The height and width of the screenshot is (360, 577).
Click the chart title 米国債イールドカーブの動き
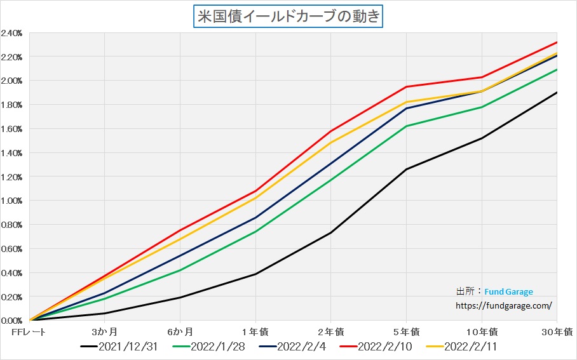[288, 16]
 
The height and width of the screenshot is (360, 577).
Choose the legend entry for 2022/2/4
[294, 347]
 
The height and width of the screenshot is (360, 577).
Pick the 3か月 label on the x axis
[104, 331]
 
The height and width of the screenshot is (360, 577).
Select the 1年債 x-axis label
[255, 331]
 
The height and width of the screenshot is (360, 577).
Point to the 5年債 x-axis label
[406, 331]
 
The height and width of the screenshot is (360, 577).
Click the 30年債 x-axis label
[559, 331]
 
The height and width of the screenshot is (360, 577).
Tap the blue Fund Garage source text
[508, 292]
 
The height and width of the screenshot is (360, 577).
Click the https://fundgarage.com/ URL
[504, 305]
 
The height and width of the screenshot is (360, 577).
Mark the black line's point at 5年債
[406, 170]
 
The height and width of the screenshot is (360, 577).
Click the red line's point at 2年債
[331, 131]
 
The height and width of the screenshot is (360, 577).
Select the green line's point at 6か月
[180, 270]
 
